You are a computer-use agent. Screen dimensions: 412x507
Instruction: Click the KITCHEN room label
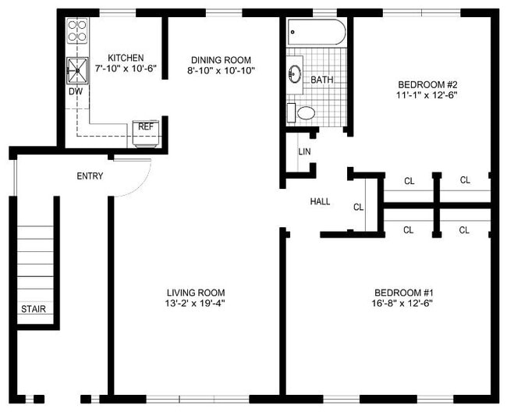pos(125,58)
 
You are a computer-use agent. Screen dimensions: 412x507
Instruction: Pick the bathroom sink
pos(296,75)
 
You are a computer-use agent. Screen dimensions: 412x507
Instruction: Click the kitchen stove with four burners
pos(76,30)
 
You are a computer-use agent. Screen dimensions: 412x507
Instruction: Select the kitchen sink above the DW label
pos(78,69)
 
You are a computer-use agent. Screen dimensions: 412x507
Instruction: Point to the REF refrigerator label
pos(146,126)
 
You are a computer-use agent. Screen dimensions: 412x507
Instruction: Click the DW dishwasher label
pos(76,91)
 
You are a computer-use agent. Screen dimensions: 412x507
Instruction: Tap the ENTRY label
pos(90,176)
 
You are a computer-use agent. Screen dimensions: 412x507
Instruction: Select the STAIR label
pos(34,309)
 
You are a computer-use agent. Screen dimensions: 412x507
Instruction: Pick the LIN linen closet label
pos(304,151)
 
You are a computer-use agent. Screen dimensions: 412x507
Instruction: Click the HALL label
pos(320,201)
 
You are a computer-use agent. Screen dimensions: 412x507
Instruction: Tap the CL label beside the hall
pos(359,208)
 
